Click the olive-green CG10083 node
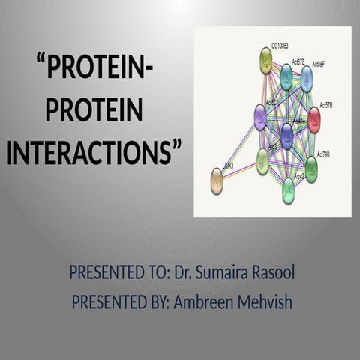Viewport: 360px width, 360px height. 266,60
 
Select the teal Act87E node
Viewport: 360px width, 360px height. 286,76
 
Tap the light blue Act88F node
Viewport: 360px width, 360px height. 307,77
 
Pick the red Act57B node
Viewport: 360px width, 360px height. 314,119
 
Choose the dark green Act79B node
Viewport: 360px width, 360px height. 311,169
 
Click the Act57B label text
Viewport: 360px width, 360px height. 331,106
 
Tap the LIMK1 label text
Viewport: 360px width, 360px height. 228,166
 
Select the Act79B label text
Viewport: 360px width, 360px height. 323,154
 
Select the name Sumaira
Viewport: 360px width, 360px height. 223,272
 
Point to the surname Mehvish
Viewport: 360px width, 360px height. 264,302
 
